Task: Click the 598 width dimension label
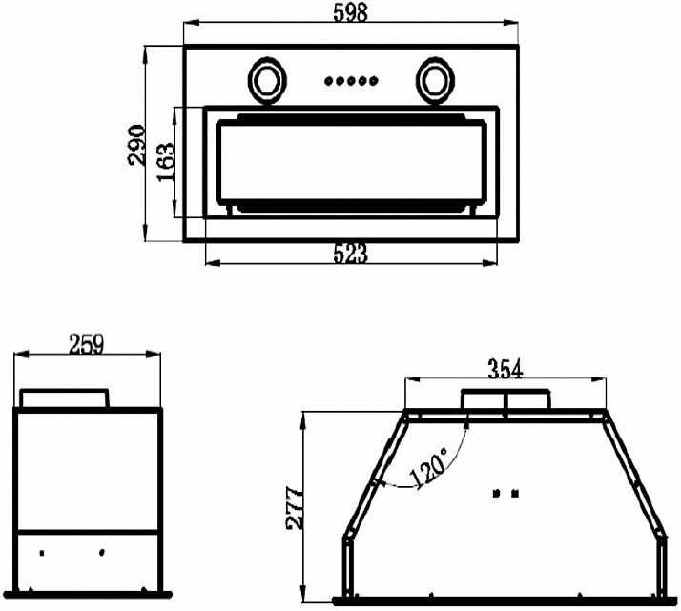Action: pos(350,12)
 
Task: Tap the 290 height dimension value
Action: pos(136,145)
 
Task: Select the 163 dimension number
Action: pos(165,162)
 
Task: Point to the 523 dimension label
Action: pos(350,254)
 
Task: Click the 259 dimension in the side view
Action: pos(87,344)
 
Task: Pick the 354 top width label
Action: pos(506,369)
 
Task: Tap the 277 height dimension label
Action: pos(295,508)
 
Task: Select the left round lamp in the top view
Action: pos(267,80)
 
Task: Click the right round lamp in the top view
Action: pos(435,80)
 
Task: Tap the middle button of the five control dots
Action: pos(351,80)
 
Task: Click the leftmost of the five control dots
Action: pos(328,80)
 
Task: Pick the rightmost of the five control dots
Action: pos(374,80)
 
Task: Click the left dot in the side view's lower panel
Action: pos(42,553)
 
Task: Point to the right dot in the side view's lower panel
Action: pos(102,553)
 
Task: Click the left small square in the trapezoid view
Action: pos(496,494)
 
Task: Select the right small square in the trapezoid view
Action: pos(515,494)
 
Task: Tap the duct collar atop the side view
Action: pos(64,398)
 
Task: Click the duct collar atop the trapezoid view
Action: pos(506,399)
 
